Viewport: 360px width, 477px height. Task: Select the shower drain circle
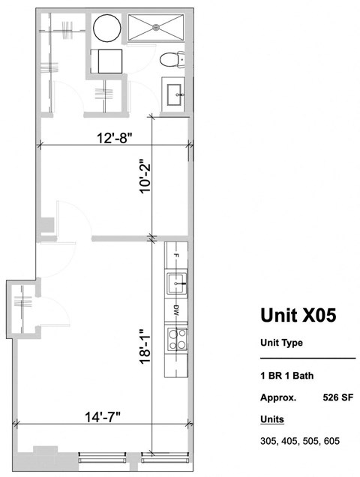[x=156, y=27]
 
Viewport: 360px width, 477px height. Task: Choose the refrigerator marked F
[x=176, y=256]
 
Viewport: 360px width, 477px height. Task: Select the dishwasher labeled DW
[x=176, y=310]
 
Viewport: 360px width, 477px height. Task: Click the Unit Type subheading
[x=281, y=343]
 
